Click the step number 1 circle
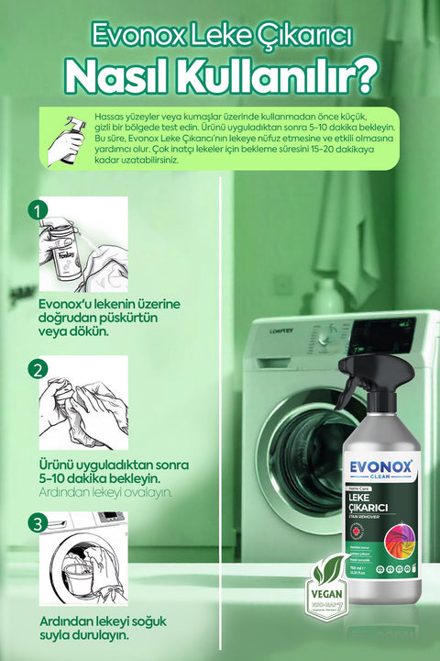tap(38, 210)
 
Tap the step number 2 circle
tap(38, 370)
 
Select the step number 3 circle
tap(38, 523)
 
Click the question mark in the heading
tap(361, 78)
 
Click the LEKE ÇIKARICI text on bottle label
tap(368, 502)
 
